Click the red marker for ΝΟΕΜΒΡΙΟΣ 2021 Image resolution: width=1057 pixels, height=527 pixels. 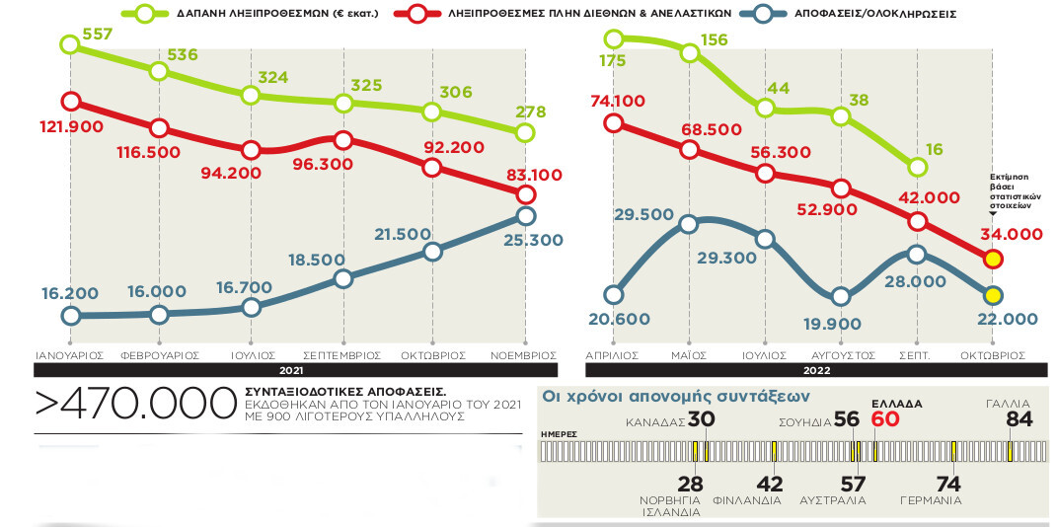coord(526,194)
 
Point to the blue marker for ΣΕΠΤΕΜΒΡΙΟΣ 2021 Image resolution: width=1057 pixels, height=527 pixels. coord(342,278)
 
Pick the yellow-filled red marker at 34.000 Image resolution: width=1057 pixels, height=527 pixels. coord(993,260)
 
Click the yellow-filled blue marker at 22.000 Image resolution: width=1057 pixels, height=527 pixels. coord(993,295)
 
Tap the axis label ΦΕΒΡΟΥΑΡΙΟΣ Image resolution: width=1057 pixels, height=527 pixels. coord(160,354)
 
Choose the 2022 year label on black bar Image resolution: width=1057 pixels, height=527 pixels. coord(816,371)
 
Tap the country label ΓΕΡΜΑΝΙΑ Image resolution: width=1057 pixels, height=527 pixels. coord(931,500)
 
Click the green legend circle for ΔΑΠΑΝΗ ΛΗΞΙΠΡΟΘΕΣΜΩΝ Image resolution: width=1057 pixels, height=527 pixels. coord(145,15)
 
